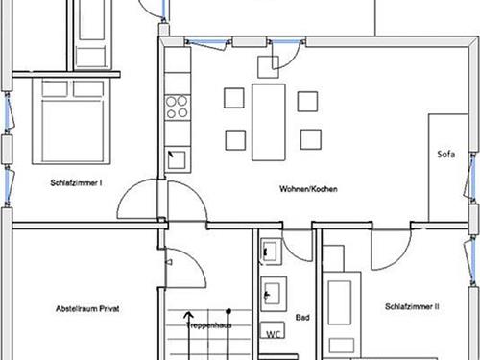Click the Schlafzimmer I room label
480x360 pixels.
tap(76, 183)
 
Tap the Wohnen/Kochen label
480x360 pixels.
tap(308, 189)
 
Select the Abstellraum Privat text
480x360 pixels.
tap(87, 309)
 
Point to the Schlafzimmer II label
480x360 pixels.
tap(412, 306)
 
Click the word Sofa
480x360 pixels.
tap(446, 155)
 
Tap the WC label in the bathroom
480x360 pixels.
tap(274, 334)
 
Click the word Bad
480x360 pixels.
tap(302, 318)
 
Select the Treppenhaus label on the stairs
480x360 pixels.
tap(208, 325)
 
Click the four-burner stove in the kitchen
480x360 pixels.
tap(178, 108)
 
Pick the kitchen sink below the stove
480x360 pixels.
tap(177, 160)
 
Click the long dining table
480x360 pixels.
tap(269, 122)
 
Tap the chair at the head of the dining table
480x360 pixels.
tap(268, 67)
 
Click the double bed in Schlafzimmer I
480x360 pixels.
tap(71, 121)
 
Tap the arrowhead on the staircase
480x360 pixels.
tap(189, 316)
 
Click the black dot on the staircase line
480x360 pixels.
tap(228, 311)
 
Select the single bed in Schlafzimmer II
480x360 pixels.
tap(342, 315)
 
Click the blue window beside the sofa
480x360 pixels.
tap(470, 178)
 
